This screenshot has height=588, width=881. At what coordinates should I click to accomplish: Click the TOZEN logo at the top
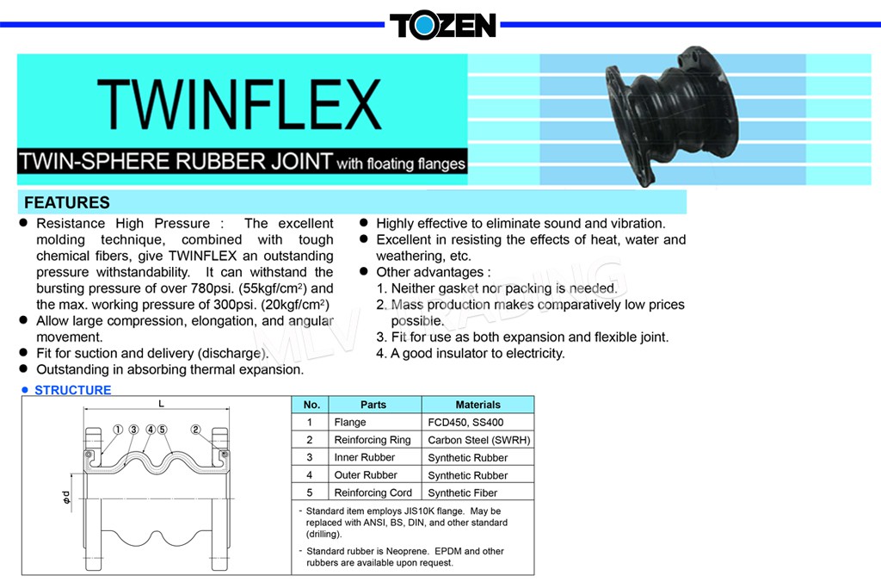[x=443, y=25]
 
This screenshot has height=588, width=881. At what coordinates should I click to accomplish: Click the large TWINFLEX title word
[x=240, y=104]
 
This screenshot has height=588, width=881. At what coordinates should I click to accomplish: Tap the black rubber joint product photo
[x=671, y=115]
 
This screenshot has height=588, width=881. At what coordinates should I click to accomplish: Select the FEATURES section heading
[x=67, y=202]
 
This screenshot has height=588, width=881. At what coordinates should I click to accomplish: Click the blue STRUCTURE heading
[x=73, y=390]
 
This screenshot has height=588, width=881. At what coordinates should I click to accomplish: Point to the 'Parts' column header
[x=373, y=405]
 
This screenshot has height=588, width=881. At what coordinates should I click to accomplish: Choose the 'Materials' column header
[x=477, y=405]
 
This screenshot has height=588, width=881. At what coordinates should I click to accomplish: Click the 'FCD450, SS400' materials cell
[x=465, y=422]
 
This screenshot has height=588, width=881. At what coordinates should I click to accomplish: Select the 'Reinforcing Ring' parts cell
[x=372, y=440]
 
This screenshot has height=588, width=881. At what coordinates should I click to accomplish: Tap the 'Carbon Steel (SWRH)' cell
[x=478, y=440]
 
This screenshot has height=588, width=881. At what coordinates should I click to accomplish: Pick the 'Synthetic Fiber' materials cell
[x=462, y=493]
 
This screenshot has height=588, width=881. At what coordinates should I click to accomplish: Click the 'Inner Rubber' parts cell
[x=364, y=458]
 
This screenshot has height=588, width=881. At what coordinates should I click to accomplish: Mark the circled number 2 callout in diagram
[x=195, y=430]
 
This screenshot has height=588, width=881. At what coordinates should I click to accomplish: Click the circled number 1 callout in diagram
[x=118, y=430]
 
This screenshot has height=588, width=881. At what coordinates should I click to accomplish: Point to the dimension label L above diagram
[x=161, y=403]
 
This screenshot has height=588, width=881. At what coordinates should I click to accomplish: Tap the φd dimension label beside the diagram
[x=67, y=498]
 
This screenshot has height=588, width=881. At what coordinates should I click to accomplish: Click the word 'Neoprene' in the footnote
[x=409, y=552]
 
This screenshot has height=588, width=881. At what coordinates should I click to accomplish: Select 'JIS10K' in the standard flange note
[x=419, y=511]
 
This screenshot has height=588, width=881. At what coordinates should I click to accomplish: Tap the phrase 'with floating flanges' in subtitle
[x=401, y=164]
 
